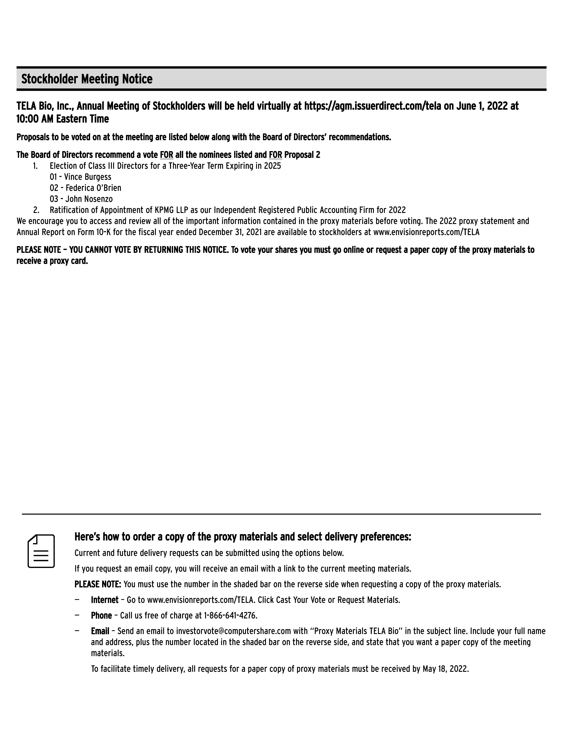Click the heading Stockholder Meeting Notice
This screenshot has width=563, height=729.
tap(87, 79)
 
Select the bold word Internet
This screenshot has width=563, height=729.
tap(105, 600)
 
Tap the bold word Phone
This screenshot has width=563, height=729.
tap(101, 616)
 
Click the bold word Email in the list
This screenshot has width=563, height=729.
tap(100, 631)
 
